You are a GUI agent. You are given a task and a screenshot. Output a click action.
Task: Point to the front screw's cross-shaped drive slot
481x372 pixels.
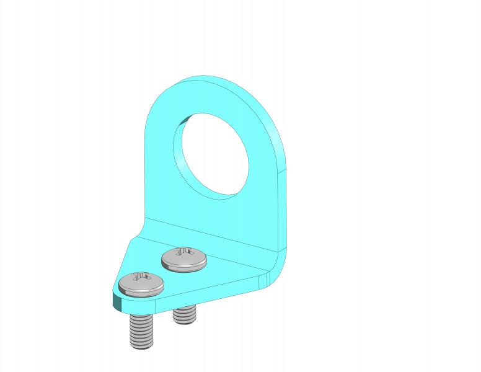(141, 277)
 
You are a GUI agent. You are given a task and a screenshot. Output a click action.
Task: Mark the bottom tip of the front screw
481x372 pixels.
(141, 346)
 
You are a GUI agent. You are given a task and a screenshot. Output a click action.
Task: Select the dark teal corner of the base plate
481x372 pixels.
(116, 302)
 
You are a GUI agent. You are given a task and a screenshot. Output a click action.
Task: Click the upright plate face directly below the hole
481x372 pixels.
(211, 214)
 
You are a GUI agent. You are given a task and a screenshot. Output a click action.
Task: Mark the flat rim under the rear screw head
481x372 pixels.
(184, 267)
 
